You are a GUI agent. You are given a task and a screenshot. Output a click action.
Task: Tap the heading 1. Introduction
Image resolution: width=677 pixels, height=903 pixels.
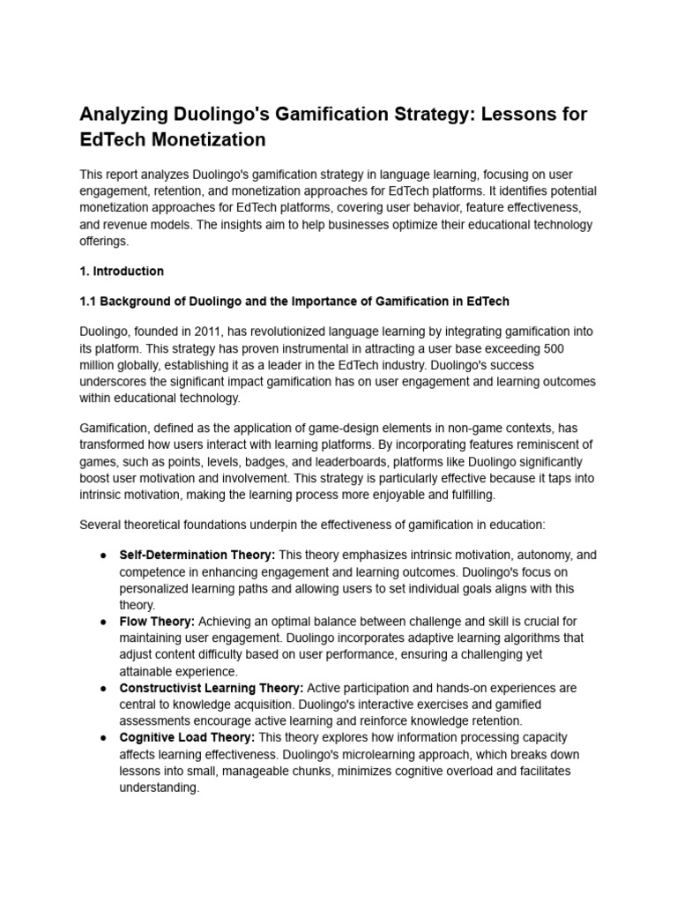(x=122, y=271)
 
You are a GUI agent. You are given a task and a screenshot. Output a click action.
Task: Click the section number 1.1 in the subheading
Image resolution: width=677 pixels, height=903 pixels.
(x=89, y=302)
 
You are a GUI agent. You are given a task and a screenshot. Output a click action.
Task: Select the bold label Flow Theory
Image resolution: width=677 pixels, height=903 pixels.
(x=157, y=622)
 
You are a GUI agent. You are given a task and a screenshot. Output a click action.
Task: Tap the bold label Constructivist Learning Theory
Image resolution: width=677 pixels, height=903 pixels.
(x=212, y=688)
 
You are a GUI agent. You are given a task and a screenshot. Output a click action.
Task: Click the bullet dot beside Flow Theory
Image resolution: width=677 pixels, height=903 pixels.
(x=103, y=622)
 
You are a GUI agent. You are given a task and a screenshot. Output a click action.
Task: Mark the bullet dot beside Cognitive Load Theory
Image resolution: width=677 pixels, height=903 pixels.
(x=103, y=737)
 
